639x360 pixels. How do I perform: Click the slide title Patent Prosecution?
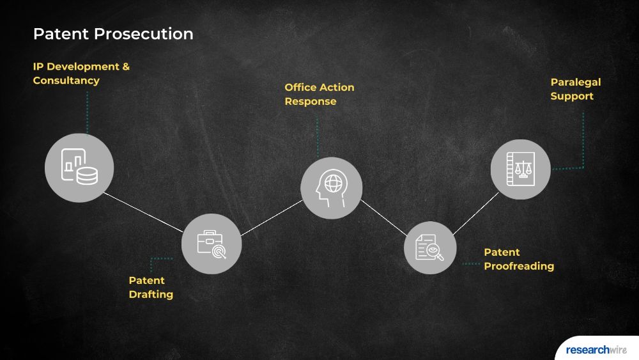tap(113, 34)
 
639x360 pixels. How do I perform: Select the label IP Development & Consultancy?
tap(81, 74)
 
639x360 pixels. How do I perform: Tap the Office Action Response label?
tap(319, 94)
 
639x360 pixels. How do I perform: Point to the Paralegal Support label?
tap(576, 89)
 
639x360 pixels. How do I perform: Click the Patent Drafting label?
tap(151, 288)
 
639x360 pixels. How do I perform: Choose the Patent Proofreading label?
tap(519, 260)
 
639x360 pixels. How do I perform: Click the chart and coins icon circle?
tap(79, 168)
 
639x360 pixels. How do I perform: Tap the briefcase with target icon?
tap(212, 244)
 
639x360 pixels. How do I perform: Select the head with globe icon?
tap(331, 188)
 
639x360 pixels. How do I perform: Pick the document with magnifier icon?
tap(430, 248)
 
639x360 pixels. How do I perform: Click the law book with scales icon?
tap(520, 169)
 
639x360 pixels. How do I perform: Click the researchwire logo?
tap(596, 350)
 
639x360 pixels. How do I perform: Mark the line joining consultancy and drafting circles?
tap(143, 212)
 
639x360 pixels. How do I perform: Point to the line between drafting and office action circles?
tap(272, 217)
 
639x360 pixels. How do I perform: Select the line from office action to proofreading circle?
tap(383, 217)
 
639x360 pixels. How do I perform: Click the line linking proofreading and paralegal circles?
tap(475, 214)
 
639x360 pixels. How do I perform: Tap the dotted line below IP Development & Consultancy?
tap(87, 112)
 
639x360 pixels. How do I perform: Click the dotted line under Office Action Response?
tap(318, 137)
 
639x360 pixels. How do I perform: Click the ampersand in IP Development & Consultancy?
tap(126, 67)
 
